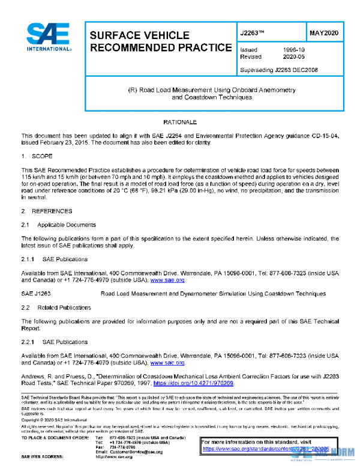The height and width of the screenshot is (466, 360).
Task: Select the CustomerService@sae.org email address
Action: pos(136,452)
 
